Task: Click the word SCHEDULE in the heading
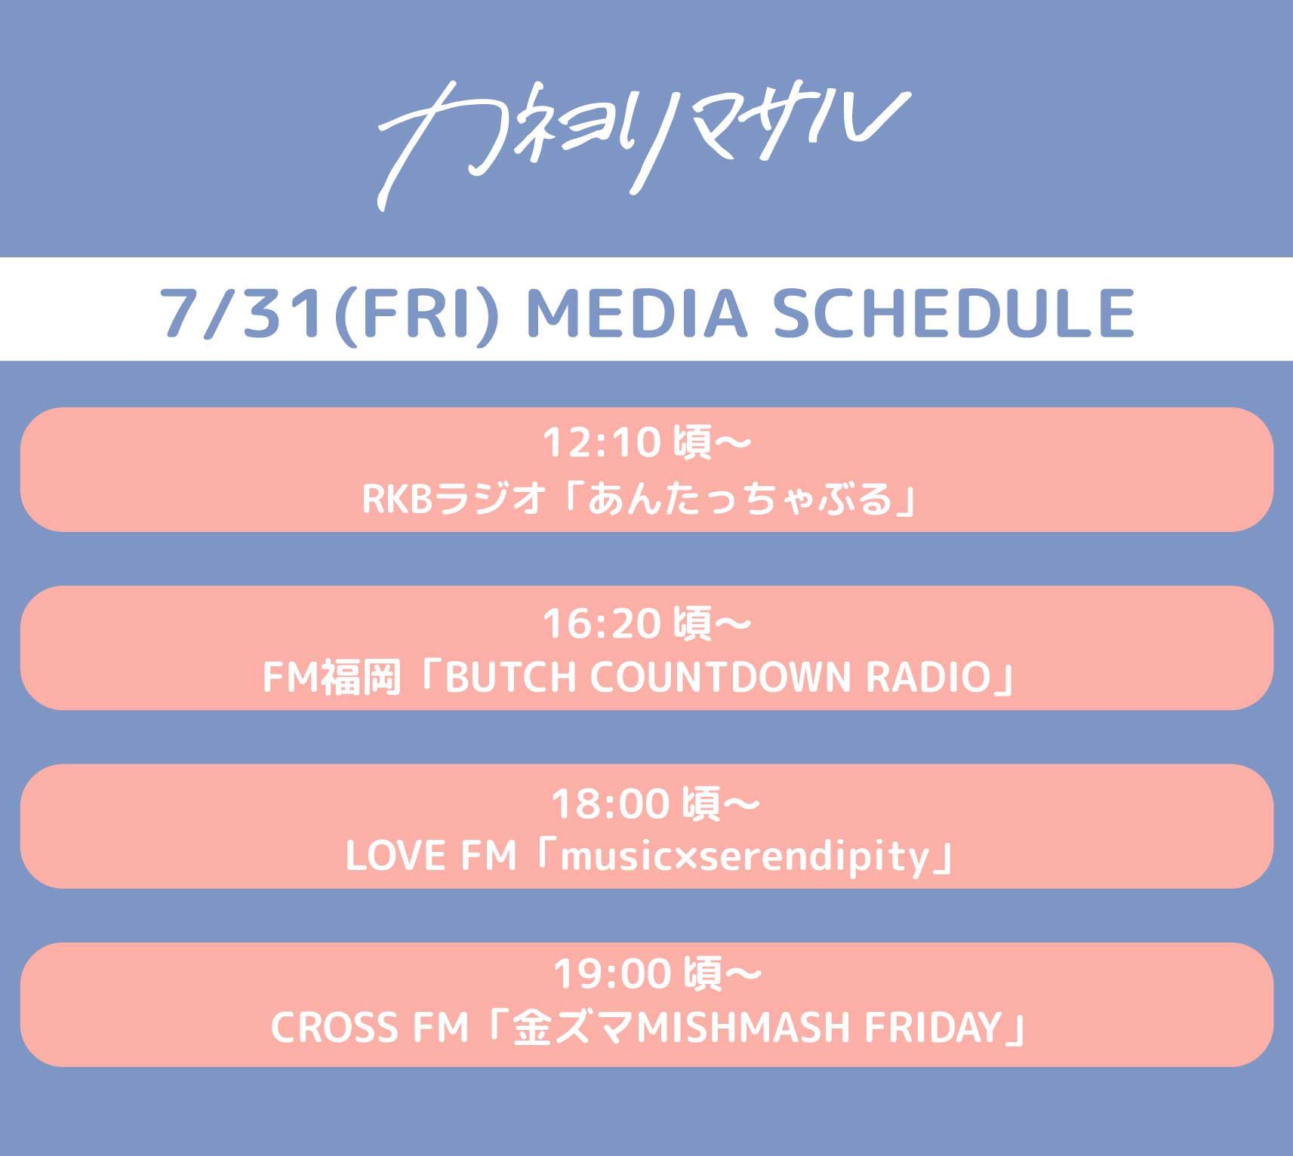[x=953, y=312]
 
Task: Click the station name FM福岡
[x=331, y=677]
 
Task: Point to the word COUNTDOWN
[x=720, y=677]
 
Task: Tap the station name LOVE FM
[x=431, y=856]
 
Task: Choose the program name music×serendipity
[x=744, y=857]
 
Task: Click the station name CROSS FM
[x=370, y=1027]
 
